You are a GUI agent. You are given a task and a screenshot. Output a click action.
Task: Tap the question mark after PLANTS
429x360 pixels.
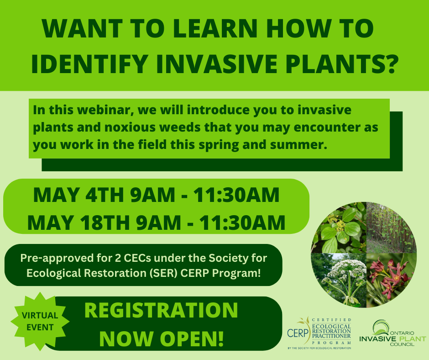[388, 64]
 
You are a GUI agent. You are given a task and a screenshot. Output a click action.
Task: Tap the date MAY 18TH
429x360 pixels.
[78, 222]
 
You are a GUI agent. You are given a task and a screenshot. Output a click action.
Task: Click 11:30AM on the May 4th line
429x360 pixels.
[236, 195]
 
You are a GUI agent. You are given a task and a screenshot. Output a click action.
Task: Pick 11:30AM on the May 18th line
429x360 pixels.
[242, 222]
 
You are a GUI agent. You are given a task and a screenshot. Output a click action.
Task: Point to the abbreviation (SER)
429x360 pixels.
[163, 273]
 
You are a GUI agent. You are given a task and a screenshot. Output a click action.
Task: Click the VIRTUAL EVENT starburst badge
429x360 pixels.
[40, 321]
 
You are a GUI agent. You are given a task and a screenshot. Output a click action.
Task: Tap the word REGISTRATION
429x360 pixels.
[161, 310]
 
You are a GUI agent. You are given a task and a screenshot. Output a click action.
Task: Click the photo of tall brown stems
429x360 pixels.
[391, 228]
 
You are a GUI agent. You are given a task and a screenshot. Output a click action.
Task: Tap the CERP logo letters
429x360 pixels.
[298, 333]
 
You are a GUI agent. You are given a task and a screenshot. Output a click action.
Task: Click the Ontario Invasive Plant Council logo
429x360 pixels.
[392, 333]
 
